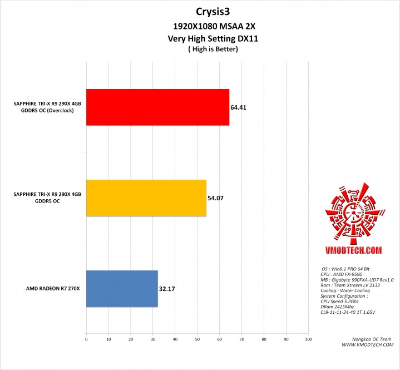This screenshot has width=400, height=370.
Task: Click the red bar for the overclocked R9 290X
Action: pyautogui.click(x=157, y=107)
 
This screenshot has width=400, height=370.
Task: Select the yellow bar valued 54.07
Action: pyautogui.click(x=146, y=198)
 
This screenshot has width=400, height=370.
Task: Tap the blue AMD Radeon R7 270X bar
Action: pyautogui.click(x=122, y=288)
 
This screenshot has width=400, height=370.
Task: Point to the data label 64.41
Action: pyautogui.click(x=238, y=107)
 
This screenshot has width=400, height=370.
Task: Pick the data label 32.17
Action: pyautogui.click(x=166, y=289)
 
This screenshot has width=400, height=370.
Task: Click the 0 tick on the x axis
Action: pyautogui.click(x=86, y=338)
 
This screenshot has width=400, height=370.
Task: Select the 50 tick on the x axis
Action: pyautogui.click(x=197, y=338)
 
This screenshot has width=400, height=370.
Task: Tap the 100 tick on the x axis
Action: pyautogui.click(x=308, y=338)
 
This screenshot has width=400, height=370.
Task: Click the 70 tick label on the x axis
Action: pyautogui.click(x=241, y=338)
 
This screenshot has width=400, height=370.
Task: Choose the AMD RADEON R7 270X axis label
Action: pyautogui.click(x=53, y=289)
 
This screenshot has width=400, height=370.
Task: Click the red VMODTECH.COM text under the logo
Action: pyautogui.click(x=351, y=251)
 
